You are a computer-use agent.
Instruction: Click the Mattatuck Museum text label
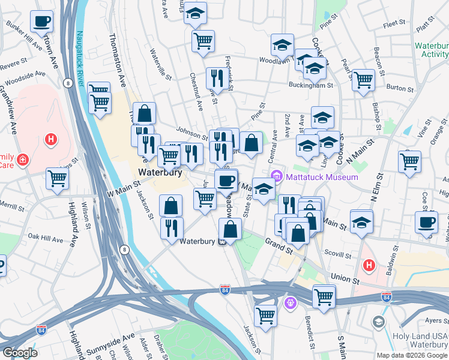321,177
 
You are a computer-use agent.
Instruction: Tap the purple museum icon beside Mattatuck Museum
277,176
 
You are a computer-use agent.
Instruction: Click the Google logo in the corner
20,353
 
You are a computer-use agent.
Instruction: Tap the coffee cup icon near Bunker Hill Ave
42,22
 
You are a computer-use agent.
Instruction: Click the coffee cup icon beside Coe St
426,222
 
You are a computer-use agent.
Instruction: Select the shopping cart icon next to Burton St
363,79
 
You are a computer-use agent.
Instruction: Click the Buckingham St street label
312,86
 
